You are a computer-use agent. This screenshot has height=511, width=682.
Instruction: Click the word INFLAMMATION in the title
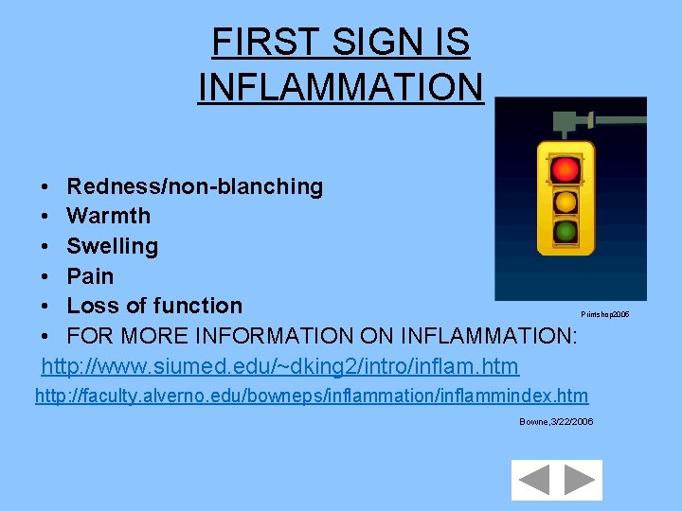click(x=341, y=86)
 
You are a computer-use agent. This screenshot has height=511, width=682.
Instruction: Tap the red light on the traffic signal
click(x=565, y=169)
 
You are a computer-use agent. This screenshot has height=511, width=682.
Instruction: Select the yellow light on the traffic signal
click(x=565, y=201)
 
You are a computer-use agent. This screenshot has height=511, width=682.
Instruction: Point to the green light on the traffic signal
click(x=565, y=231)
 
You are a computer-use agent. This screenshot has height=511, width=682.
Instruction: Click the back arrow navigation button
click(x=534, y=480)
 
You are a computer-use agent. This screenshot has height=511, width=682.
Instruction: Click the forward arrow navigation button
click(x=579, y=480)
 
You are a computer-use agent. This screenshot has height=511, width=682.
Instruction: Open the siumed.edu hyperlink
click(x=280, y=365)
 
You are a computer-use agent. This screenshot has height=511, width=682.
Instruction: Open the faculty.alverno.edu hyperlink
click(x=312, y=396)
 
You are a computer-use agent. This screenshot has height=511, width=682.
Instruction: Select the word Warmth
click(x=108, y=216)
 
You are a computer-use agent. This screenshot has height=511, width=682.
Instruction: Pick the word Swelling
click(x=112, y=246)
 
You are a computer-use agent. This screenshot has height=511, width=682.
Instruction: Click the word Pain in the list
click(x=90, y=276)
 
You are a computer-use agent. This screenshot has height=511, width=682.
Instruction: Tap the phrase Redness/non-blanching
click(x=194, y=186)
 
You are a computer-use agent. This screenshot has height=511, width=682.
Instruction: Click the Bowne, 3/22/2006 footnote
click(x=556, y=421)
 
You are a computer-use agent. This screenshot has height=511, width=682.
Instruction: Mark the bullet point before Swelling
click(x=45, y=247)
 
